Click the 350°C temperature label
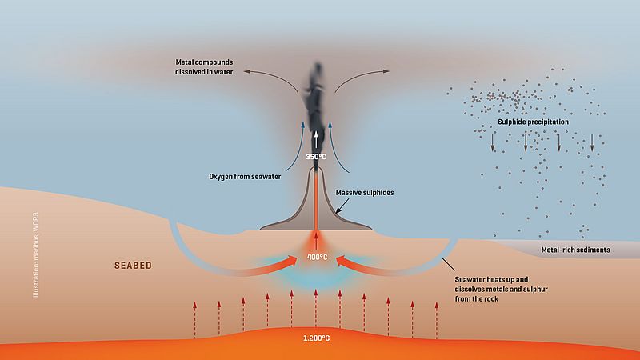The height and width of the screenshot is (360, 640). coord(316,157)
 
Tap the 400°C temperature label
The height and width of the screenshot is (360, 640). coord(317,257)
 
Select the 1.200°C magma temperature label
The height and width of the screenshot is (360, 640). coord(316,338)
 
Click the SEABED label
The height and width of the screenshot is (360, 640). coord(133,266)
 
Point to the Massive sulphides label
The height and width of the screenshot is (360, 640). coord(365,192)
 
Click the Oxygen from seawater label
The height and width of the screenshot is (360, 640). coord(245,177)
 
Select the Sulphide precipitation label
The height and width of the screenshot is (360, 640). coord(533,122)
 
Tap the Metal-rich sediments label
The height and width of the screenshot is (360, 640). coord(575,250)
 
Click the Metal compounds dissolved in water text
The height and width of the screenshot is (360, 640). coord(204,67)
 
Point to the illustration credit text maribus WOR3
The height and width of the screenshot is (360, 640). coord(36,255)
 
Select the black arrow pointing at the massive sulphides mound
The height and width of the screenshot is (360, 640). coord(342,206)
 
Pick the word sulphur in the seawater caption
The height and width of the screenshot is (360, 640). coord(534,289)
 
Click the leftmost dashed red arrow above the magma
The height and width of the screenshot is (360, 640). coord(194,320)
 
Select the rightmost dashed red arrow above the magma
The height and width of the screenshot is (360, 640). coord(436,320)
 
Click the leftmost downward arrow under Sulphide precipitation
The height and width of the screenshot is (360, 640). coord(493,142)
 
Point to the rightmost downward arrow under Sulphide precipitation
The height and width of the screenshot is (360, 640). coord(592,142)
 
